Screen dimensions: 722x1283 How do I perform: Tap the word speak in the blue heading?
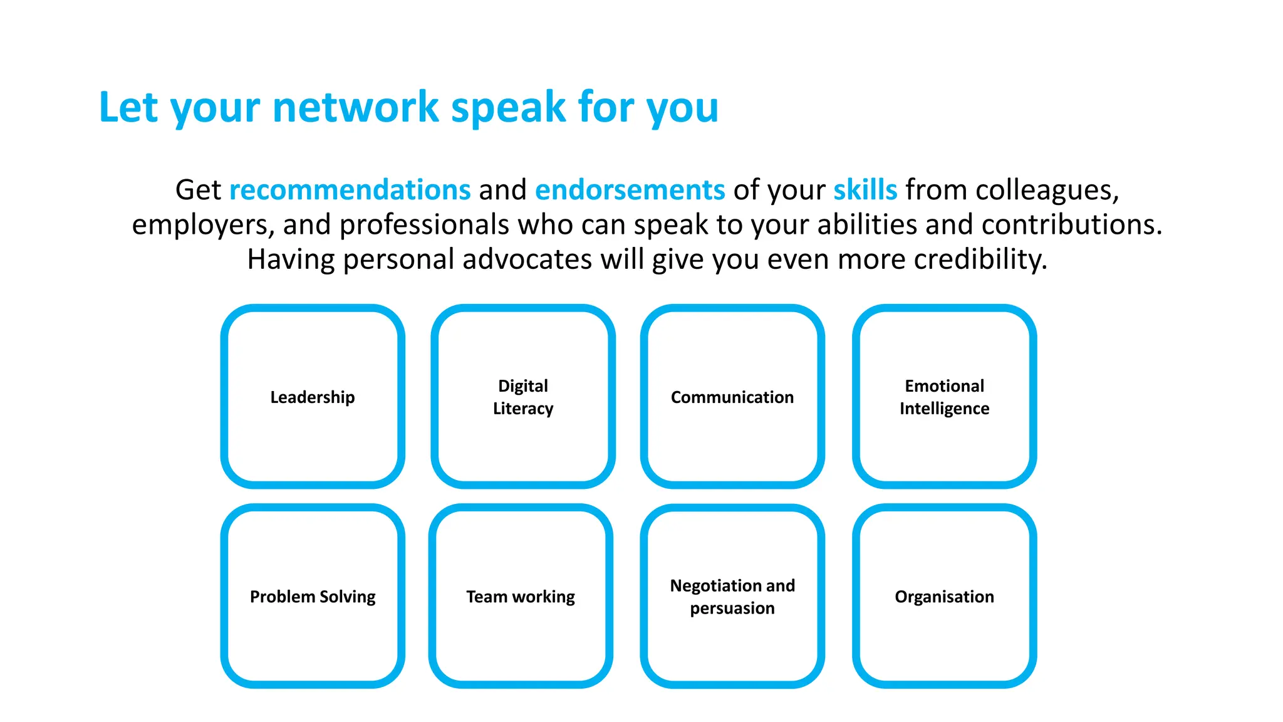[508, 108]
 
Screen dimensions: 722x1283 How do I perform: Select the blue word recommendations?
[350, 189]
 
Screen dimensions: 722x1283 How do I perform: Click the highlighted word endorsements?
[630, 189]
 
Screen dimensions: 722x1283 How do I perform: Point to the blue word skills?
[865, 189]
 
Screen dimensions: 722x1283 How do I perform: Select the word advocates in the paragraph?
[527, 259]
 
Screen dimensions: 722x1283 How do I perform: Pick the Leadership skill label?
[313, 397]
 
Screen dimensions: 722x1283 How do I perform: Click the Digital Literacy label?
[523, 397]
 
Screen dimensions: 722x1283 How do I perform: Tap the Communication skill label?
[732, 397]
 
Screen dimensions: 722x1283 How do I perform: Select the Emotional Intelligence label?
[944, 397]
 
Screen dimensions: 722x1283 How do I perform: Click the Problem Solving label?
[313, 597]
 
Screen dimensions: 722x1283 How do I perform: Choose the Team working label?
[521, 597]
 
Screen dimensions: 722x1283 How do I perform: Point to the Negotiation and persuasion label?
[732, 597]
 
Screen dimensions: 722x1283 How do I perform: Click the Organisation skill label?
[944, 597]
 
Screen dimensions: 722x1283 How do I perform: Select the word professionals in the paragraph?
[424, 224]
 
